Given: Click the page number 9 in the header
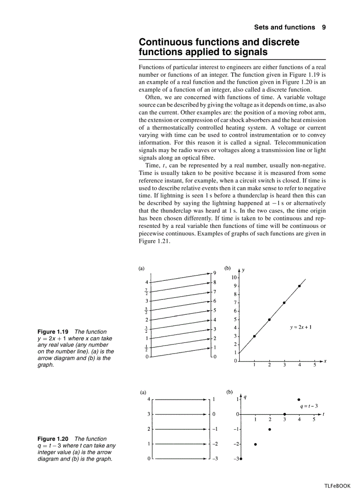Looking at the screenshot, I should coord(324,27).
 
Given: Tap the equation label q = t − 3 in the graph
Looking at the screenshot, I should coord(308,406).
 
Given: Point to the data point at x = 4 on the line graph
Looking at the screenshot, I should coord(300,286).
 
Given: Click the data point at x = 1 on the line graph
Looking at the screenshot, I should coord(255,336).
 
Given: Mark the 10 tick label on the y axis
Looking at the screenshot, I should coord(234,278).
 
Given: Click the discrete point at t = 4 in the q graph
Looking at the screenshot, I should coord(299,399).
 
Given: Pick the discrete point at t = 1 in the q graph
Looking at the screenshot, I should coord(255,444).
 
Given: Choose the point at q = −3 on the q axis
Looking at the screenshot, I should coord(241,459).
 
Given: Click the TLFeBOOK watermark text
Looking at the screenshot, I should coord(337,486).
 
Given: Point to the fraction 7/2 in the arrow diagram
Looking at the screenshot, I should coord(147,291).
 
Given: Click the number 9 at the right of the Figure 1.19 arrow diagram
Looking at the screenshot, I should coord(214,273).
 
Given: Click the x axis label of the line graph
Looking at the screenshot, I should coord(325,361).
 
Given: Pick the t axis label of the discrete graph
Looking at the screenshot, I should coord(323,414).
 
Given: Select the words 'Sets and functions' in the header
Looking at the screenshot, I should coord(285,27).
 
